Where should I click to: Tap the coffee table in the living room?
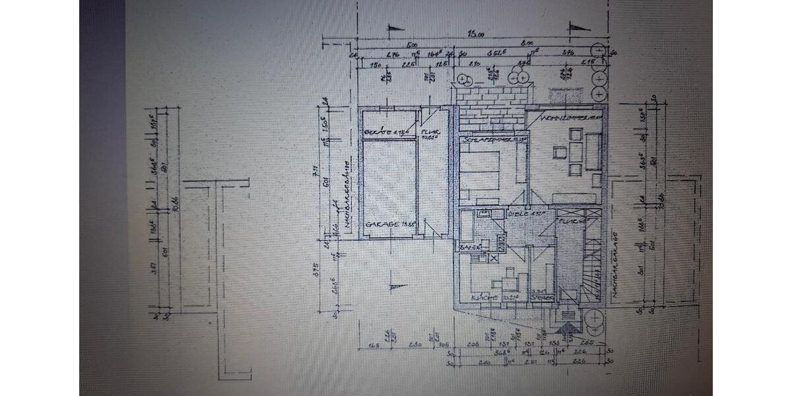click(561, 152)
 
